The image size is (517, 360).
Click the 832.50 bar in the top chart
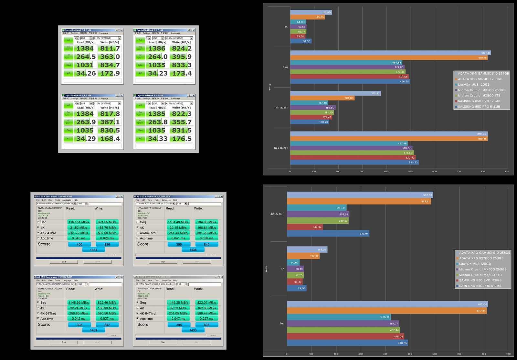click(388, 53)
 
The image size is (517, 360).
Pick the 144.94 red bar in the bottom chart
click(304, 227)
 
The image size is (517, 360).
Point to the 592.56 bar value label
click(427, 195)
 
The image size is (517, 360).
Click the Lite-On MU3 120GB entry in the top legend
click(473, 85)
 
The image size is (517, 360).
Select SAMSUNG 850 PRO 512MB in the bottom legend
click(480, 286)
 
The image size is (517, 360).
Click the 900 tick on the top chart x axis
click(507, 172)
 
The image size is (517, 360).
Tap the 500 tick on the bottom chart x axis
click(410, 354)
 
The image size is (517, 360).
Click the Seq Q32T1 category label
click(281, 148)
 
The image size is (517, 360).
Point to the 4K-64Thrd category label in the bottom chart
click(277, 214)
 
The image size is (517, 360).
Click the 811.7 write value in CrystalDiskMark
click(110, 48)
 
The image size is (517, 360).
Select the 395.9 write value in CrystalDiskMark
click(182, 57)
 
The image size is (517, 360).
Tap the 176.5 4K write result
click(182, 139)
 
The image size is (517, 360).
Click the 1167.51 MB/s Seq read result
click(79, 222)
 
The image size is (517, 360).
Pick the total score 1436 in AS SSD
click(193, 250)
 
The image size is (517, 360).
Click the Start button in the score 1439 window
click(64, 342)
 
